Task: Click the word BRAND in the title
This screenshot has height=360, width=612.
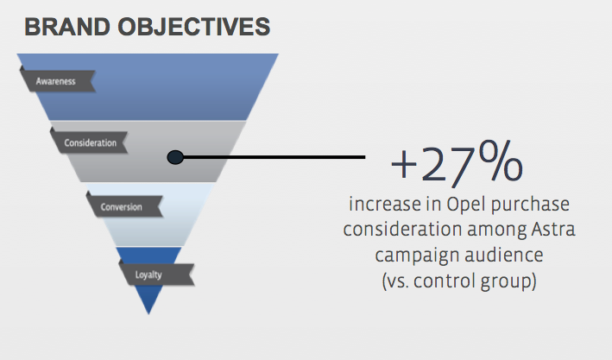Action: (x=66, y=28)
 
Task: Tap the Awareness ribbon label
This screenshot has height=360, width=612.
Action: (x=57, y=81)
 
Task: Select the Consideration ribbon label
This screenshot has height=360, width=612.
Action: (x=90, y=142)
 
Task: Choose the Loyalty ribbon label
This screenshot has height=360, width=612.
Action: (x=148, y=275)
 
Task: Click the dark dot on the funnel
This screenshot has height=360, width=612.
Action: (x=174, y=157)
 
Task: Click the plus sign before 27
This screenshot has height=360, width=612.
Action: (x=403, y=164)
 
